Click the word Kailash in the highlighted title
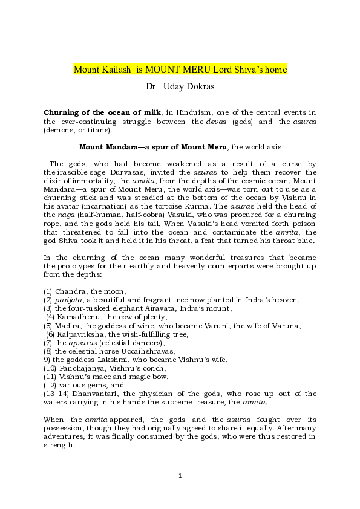tap(116, 70)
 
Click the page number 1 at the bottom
tap(180, 476)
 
